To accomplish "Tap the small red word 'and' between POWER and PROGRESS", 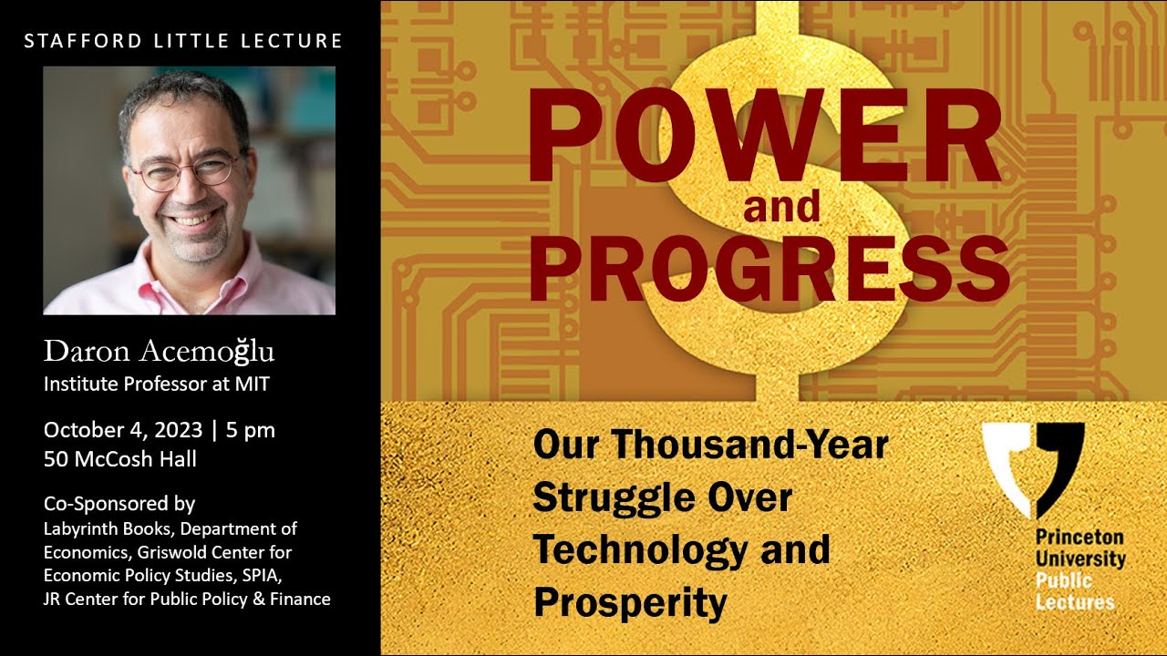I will coord(781,208).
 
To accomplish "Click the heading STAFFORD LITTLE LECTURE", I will coord(183,41).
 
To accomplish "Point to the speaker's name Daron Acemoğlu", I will coord(159,352).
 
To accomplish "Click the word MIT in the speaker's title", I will coord(253,384).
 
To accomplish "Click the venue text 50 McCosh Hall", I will coord(120,459).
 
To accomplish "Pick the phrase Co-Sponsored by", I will coord(119,504).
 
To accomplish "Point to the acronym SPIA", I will coord(271,576).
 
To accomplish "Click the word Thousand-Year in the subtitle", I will coord(749,446).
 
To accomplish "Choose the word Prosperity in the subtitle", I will coord(630,602).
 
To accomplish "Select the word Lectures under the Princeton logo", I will coord(1075,602).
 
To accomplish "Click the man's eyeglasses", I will coord(188,171).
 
